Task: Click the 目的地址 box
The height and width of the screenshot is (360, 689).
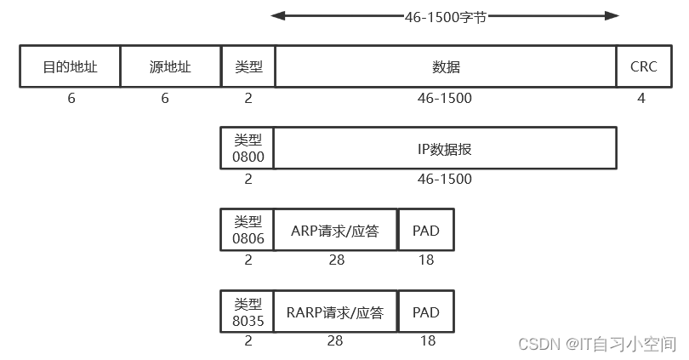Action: click(70, 66)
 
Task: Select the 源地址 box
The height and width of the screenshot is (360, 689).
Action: click(170, 66)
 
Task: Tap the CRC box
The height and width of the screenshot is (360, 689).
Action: click(643, 66)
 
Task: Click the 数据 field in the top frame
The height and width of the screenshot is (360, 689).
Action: click(446, 66)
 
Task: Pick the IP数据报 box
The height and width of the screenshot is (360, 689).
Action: click(444, 149)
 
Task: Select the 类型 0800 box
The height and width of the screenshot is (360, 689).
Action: click(248, 149)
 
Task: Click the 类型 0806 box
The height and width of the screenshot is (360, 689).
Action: click(248, 230)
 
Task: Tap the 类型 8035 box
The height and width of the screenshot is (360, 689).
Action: click(248, 312)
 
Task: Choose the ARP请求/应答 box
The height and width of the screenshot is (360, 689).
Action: click(336, 230)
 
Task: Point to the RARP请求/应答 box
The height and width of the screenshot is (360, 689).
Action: click(336, 312)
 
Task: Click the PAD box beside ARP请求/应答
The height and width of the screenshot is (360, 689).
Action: click(425, 230)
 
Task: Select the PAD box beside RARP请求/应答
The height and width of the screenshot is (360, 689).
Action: click(425, 312)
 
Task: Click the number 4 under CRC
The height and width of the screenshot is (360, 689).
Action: click(641, 98)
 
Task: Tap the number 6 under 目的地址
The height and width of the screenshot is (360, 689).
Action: click(71, 98)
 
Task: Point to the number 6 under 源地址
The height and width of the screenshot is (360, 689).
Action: click(165, 98)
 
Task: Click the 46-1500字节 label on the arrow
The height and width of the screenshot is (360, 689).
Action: click(445, 15)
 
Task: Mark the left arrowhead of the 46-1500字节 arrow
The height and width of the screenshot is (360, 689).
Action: click(276, 15)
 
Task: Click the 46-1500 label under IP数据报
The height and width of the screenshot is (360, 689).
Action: click(444, 180)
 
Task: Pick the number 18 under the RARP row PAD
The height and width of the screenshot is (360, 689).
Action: click(427, 341)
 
